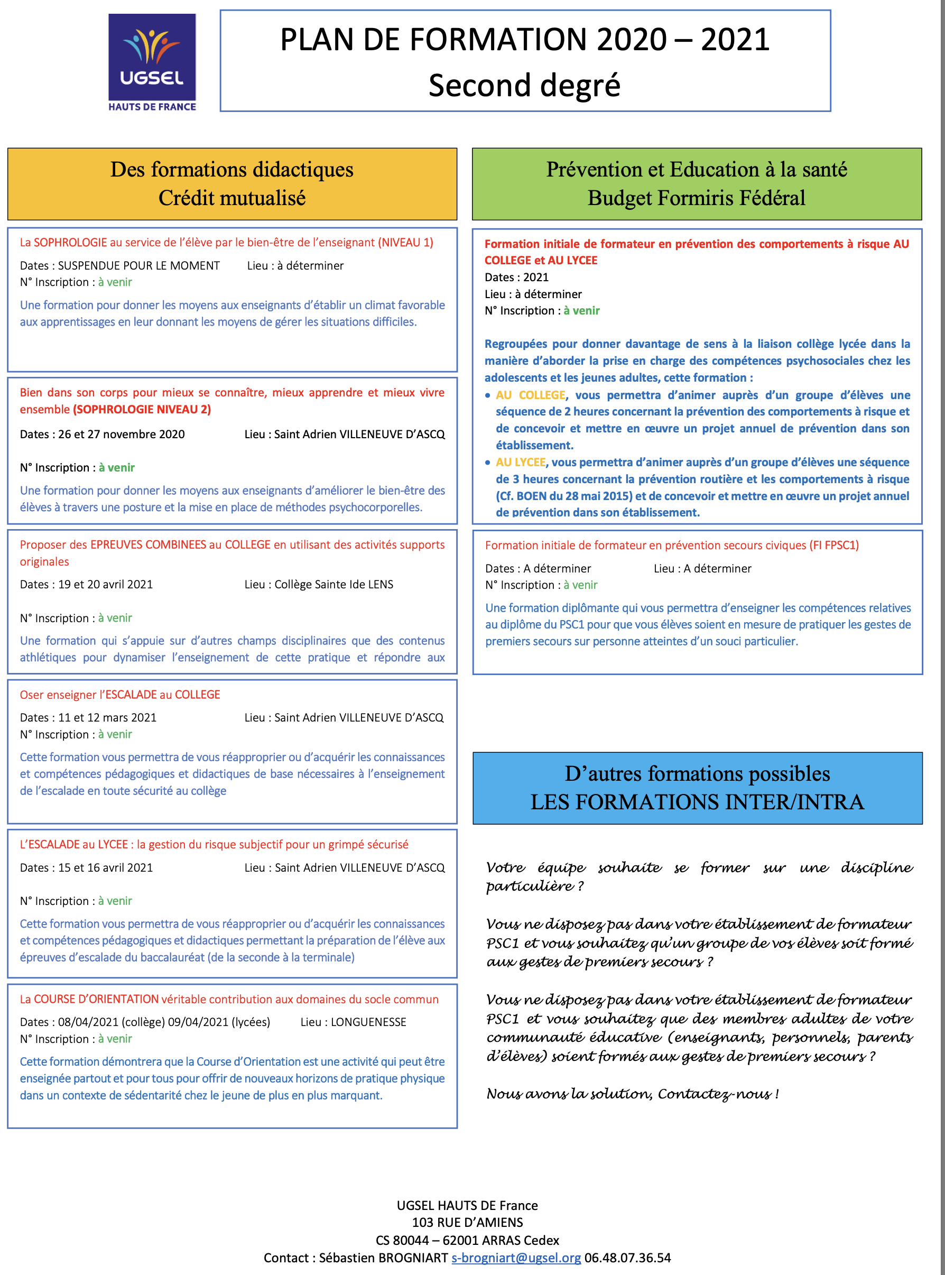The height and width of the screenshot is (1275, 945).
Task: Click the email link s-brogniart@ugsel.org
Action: coord(516,1257)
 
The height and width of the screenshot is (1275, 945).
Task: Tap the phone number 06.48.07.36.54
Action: coord(627,1257)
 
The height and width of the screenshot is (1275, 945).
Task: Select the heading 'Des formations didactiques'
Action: coord(231,170)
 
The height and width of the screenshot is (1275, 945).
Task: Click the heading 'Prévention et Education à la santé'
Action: coord(696,170)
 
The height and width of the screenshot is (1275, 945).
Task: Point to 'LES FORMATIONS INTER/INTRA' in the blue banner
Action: coord(697,802)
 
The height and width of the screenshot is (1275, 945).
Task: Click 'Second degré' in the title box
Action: coord(524,86)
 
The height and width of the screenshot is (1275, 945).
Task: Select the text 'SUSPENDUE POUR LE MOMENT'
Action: coord(139,265)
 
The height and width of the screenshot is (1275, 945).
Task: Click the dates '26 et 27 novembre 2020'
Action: coord(121,434)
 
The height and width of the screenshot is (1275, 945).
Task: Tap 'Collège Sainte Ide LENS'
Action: coord(333,584)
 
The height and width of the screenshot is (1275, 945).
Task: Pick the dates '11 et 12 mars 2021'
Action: coord(107,717)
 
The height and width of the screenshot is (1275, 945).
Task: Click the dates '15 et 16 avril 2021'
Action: coord(105,867)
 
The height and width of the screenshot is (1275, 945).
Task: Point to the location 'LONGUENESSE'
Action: coord(368,1022)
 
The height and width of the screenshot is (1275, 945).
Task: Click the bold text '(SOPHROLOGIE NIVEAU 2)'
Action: coord(142,410)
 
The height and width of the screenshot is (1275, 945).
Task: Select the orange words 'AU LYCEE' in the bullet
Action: coord(520,462)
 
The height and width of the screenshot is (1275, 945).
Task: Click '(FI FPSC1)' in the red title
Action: coord(833,545)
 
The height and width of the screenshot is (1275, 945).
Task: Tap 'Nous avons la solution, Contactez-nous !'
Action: coord(632,1094)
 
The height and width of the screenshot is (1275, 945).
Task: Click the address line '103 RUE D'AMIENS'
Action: coord(467,1222)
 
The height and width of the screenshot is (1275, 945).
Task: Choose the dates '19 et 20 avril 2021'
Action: coord(105,584)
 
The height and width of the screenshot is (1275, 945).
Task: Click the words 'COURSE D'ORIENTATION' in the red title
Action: coord(96,999)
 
